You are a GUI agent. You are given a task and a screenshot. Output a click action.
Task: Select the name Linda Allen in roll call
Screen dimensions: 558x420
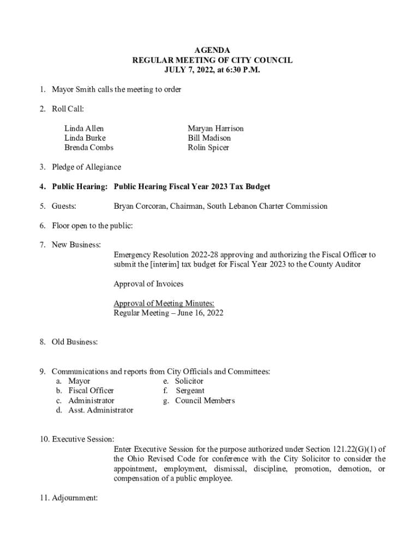[x=84, y=129]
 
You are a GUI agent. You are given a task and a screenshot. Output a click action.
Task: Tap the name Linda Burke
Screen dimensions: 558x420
[x=85, y=138]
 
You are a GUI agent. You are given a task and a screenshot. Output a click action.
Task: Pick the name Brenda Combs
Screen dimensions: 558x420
[x=89, y=148]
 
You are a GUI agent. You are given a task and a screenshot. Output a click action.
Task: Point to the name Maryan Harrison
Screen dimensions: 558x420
[x=215, y=129]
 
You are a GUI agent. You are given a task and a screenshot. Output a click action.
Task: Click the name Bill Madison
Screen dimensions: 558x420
[x=209, y=138]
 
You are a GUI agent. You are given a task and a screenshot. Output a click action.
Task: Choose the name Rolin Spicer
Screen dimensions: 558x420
[x=208, y=148]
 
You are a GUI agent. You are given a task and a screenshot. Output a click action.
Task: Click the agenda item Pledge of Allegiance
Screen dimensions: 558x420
[x=86, y=167]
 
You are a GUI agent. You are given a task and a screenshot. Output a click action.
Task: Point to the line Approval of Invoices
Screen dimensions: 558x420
[x=148, y=284]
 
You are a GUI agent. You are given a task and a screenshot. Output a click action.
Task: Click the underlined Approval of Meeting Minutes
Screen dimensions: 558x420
[x=164, y=304]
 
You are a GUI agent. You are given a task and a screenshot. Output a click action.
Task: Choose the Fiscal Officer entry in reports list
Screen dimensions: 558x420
[x=91, y=391]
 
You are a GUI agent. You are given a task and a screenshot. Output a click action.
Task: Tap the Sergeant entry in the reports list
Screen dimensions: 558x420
[x=190, y=391]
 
